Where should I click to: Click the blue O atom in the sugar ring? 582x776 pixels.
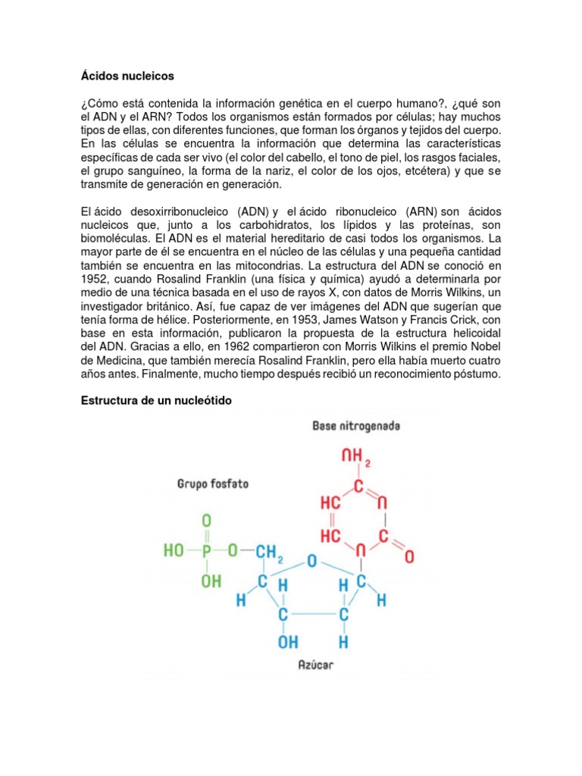pos(311,562)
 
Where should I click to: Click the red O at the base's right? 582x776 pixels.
pos(409,557)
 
